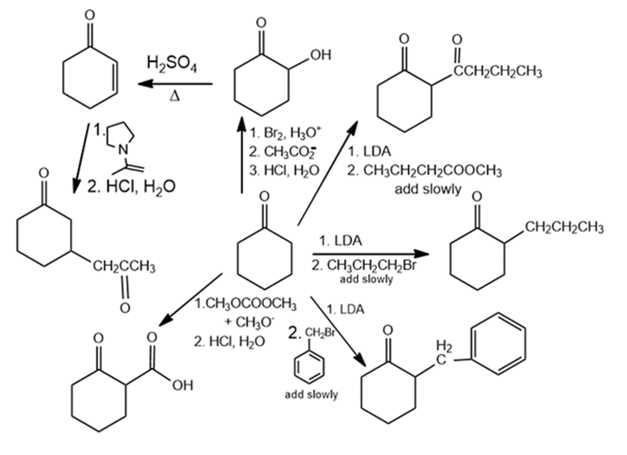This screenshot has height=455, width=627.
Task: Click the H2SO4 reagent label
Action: click(172, 65)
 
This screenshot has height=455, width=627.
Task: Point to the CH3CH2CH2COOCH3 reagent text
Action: click(424, 172)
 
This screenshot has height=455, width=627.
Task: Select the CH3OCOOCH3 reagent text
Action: click(245, 306)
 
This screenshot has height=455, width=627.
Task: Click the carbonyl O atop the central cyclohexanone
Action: click(264, 197)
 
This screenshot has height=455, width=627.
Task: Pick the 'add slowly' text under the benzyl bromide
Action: click(311, 395)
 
